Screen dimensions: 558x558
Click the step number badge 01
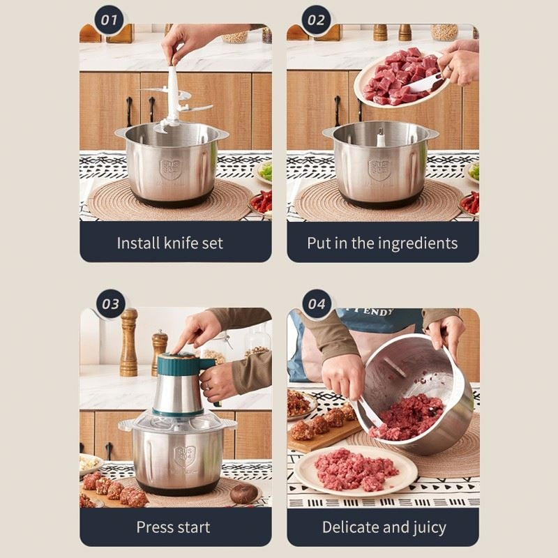(110, 20)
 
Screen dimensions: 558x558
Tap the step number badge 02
(317, 20)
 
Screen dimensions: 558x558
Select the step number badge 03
(110, 303)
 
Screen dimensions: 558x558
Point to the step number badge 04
(317, 304)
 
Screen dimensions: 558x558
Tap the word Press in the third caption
(154, 527)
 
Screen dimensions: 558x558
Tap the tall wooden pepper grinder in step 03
(128, 342)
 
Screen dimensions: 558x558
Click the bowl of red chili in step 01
(262, 203)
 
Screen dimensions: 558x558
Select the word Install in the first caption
(137, 243)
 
